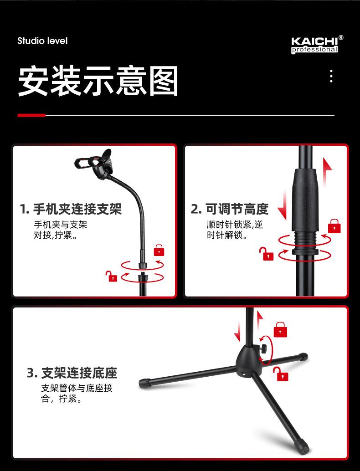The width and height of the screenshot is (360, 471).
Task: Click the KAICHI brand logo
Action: [317, 45]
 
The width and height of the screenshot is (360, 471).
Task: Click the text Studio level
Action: [42, 41]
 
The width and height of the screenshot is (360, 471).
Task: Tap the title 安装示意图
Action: [98, 81]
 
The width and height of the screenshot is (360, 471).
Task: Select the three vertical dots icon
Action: [331, 76]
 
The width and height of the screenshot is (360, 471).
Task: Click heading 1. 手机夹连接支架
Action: [71, 209]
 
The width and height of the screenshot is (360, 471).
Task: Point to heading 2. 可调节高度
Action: [229, 209]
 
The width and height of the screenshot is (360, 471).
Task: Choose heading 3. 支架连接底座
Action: [72, 373]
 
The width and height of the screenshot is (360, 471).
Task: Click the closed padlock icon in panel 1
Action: [159, 250]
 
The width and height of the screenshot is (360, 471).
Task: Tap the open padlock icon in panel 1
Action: [111, 276]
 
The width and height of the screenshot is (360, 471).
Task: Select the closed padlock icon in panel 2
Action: [334, 226]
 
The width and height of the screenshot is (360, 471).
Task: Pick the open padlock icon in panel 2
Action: [267, 254]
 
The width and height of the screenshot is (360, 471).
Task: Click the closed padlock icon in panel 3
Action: [280, 329]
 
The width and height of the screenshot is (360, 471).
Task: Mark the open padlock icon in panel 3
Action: [281, 374]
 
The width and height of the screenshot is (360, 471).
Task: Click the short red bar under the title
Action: [31, 115]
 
